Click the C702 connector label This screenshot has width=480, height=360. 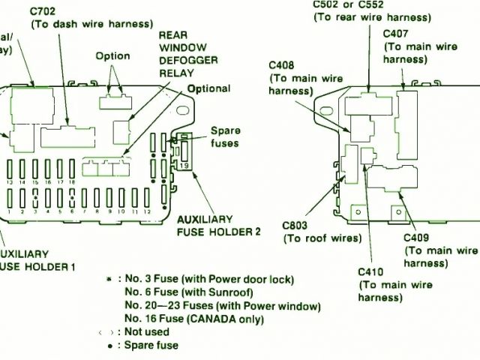point(43,12)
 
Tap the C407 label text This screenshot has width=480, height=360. point(396,34)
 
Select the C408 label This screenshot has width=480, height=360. point(282,65)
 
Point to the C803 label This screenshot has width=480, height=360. point(295,225)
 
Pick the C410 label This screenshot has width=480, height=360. point(373,271)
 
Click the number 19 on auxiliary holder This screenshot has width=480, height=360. point(182,164)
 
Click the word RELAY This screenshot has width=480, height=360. point(177,73)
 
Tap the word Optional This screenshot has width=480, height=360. point(208,88)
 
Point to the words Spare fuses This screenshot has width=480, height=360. point(224,136)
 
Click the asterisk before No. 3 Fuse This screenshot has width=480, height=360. point(110,279)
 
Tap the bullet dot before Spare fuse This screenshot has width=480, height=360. point(110,346)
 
